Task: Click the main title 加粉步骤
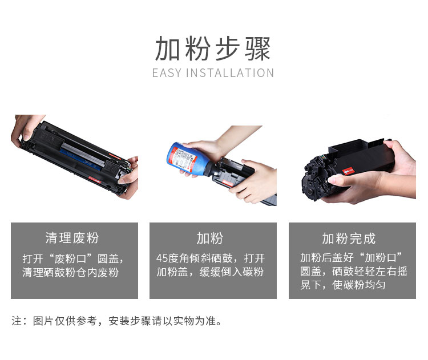pos(213,49)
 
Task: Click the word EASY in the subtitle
pos(167,73)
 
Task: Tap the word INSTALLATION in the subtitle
pos(230,73)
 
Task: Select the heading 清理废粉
pos(72,238)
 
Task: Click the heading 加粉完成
pos(349,238)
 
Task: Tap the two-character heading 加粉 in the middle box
pos(210,238)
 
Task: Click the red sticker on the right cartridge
pos(348,171)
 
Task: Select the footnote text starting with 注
pos(117,321)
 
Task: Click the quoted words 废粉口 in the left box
pos(70,258)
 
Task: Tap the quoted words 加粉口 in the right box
pos(381,257)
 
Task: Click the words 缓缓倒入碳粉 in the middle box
pos(232,272)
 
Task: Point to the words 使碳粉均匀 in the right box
pos(359,285)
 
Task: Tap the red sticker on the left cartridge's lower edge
pos(94,181)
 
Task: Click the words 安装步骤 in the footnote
pos(130,321)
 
